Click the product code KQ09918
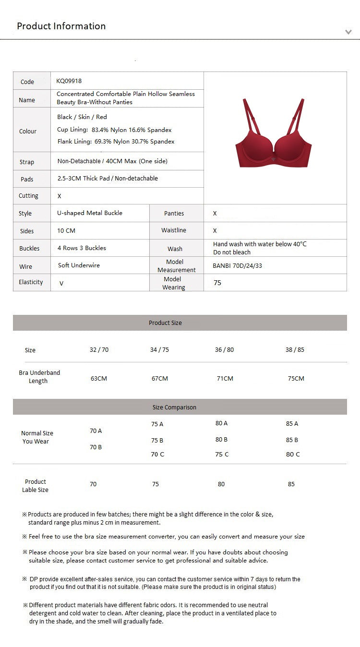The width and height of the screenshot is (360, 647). click(x=69, y=81)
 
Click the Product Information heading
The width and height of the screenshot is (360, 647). click(x=61, y=26)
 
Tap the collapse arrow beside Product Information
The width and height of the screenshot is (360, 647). click(x=348, y=32)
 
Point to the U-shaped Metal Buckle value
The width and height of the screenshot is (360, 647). click(x=90, y=213)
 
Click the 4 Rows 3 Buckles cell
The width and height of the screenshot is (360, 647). click(x=82, y=248)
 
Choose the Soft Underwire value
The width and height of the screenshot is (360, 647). click(x=79, y=265)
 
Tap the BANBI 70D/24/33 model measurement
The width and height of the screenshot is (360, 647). click(x=237, y=265)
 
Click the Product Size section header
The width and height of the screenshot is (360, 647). click(x=165, y=323)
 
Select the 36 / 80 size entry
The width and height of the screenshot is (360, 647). click(x=224, y=349)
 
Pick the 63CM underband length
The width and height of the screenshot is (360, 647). click(x=99, y=378)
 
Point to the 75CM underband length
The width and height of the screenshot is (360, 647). click(x=296, y=378)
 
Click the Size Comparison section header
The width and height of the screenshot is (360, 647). click(x=174, y=407)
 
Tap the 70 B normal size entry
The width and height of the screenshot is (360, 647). click(x=96, y=447)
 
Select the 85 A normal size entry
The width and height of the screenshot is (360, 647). click(x=292, y=423)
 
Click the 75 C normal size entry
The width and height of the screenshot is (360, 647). click(x=222, y=454)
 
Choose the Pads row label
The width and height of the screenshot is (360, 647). click(x=27, y=179)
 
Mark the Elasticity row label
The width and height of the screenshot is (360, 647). click(x=31, y=282)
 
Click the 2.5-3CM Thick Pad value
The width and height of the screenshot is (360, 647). click(x=108, y=178)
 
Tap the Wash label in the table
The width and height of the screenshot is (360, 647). click(x=175, y=249)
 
